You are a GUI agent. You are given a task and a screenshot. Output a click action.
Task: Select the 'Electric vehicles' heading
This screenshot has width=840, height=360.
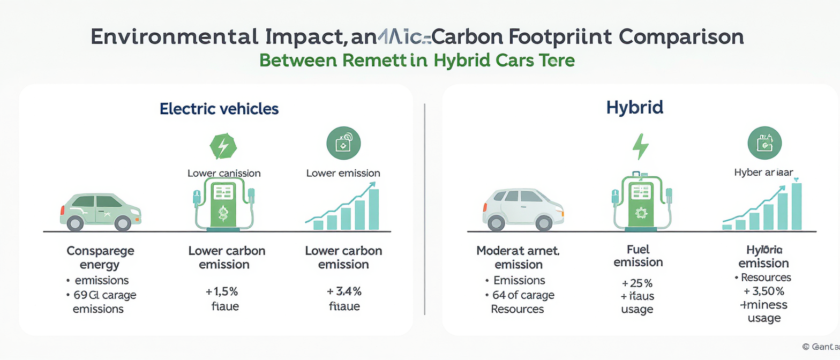click(x=219, y=109)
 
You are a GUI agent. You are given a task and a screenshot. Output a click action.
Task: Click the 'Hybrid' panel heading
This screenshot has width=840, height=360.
click(x=634, y=107)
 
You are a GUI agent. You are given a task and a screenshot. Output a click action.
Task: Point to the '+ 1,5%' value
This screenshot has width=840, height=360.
click(x=221, y=291)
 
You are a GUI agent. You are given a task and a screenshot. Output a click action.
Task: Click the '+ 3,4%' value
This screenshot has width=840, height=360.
click(x=344, y=291)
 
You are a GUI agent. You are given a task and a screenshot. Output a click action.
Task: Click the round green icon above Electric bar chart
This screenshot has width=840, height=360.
click(x=343, y=144)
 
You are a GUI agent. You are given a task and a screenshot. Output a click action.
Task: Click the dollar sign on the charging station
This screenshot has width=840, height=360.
click(x=222, y=214)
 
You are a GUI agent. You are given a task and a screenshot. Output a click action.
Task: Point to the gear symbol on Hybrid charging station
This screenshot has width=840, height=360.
click(x=641, y=213)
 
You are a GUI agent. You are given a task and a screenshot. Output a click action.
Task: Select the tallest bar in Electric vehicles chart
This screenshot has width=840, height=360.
click(x=374, y=209)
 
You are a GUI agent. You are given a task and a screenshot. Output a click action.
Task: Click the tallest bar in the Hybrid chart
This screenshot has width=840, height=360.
click(x=796, y=207)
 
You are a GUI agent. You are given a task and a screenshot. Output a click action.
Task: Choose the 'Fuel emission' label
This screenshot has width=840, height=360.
click(x=638, y=256)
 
